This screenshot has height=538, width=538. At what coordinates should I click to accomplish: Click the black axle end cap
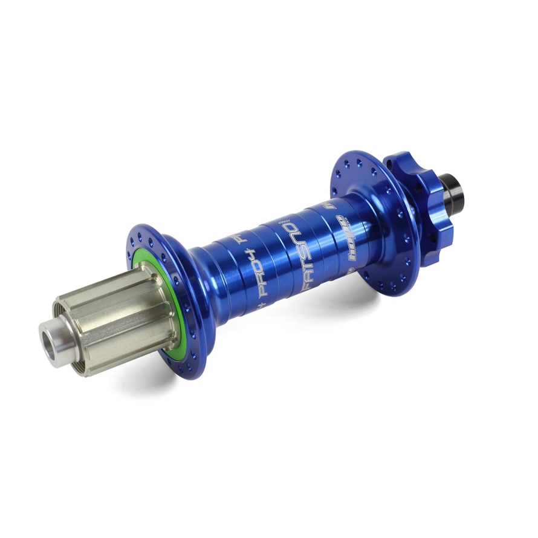(x=454, y=189)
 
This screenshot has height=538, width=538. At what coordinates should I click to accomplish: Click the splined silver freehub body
(x=115, y=320)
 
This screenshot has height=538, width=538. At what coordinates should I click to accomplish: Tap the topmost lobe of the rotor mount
(x=411, y=158)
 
